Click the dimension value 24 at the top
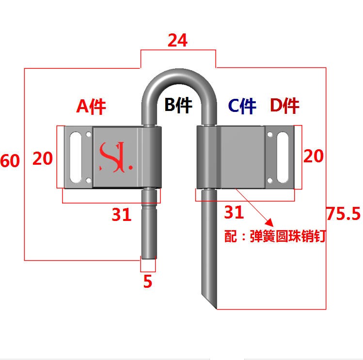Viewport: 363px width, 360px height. coord(177,41)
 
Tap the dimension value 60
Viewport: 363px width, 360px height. coord(10,160)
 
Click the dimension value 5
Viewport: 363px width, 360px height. coord(148,281)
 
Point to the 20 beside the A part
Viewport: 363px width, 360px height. coord(43,157)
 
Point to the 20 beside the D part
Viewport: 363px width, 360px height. coord(313,156)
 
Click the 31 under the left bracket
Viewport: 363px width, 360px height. coord(122,214)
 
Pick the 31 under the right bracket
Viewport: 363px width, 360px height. coord(234,212)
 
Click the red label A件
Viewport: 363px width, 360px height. coord(91,106)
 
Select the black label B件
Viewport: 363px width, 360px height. coord(178,105)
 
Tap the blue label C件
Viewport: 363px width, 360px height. coord(242,106)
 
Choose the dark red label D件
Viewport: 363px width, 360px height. coord(284,106)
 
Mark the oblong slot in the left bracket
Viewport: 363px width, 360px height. coord(77,157)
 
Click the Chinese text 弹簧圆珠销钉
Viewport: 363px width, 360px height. coord(288,237)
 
